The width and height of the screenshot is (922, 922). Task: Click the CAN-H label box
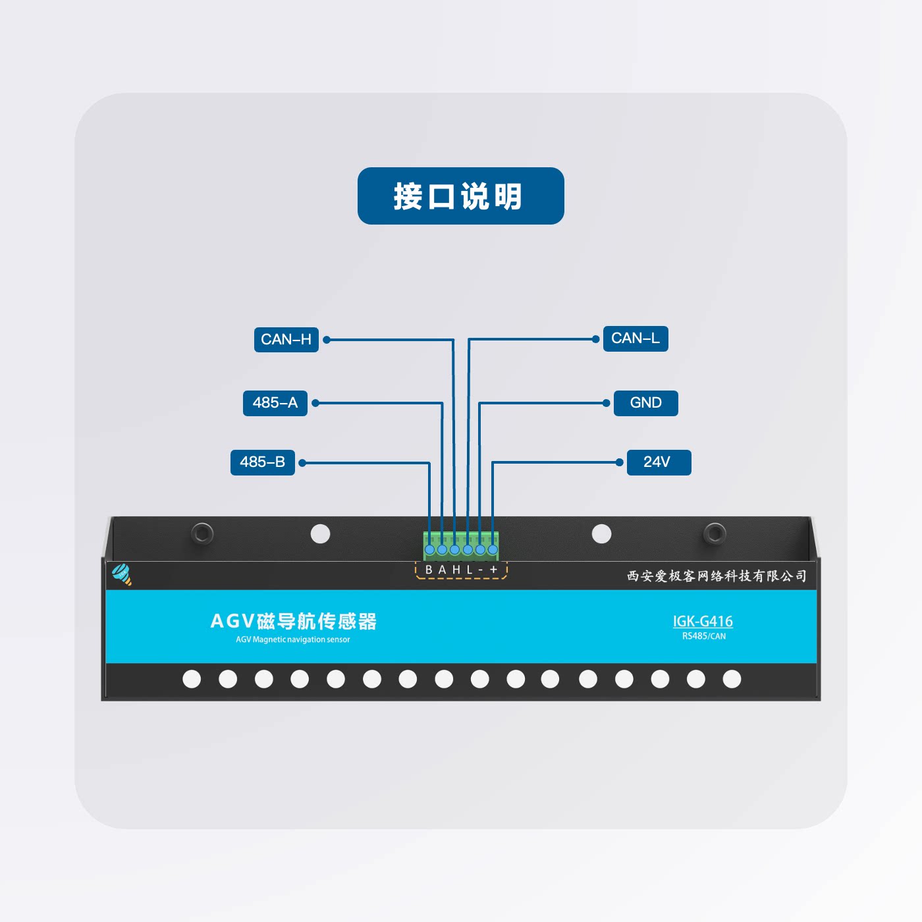(x=286, y=340)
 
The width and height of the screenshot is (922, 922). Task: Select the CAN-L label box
(x=636, y=339)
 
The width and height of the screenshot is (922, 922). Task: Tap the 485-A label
(x=275, y=403)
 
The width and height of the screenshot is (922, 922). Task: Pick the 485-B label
(x=262, y=462)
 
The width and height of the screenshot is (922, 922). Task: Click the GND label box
(x=645, y=403)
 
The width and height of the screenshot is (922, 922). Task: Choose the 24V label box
(x=659, y=462)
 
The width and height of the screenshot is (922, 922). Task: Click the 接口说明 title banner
(x=460, y=196)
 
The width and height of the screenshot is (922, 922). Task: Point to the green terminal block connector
(x=461, y=545)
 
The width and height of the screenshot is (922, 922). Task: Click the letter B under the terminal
(x=429, y=570)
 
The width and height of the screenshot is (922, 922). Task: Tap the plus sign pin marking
(x=493, y=570)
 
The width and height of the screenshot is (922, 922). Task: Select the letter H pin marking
(x=456, y=570)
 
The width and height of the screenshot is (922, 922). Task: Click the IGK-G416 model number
(x=703, y=621)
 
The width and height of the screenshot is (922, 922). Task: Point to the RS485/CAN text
(x=704, y=636)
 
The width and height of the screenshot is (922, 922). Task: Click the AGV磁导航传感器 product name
(x=293, y=621)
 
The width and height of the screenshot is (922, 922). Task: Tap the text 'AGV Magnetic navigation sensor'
(x=293, y=639)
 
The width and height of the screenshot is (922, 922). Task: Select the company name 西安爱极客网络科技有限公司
(x=717, y=576)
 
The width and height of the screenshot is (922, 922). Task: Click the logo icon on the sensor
(x=122, y=574)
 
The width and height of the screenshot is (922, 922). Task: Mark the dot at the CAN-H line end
(x=327, y=340)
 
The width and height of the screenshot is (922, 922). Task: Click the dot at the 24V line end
(x=619, y=462)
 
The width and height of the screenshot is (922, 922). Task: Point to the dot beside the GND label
(x=607, y=403)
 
